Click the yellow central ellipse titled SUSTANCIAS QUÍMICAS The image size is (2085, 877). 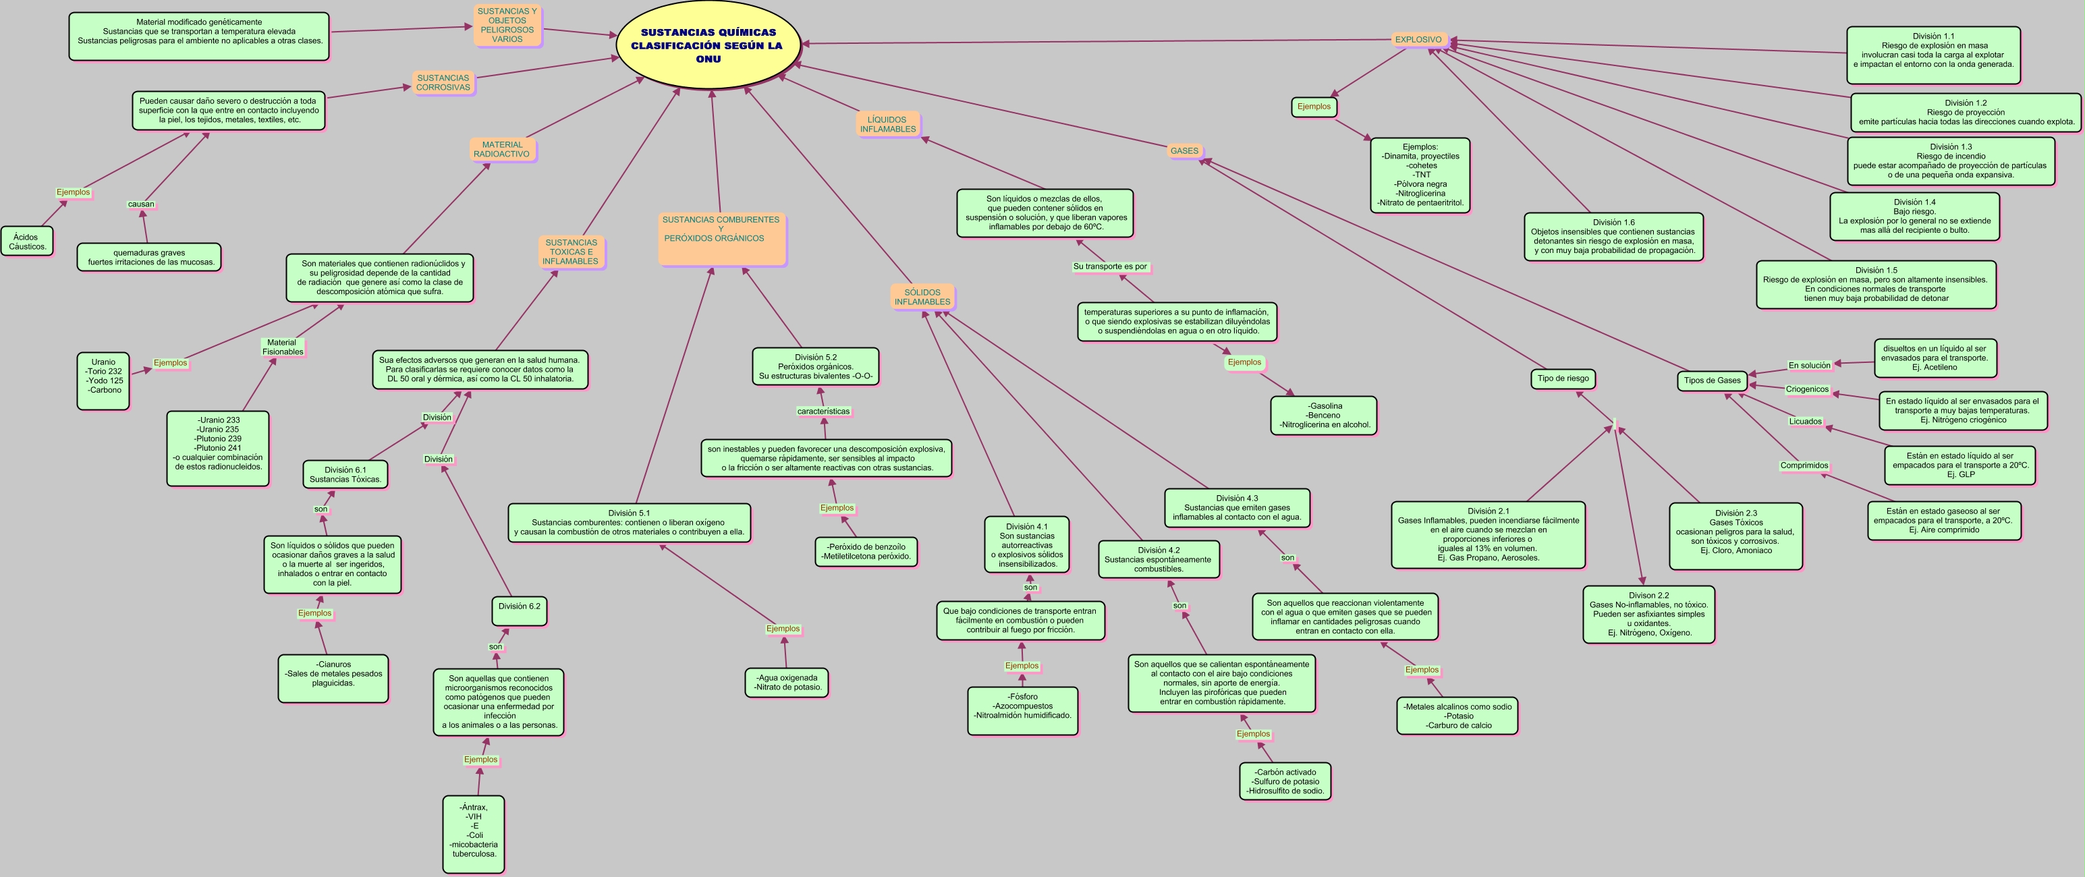[x=708, y=45]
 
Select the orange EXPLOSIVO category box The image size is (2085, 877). [x=1418, y=40]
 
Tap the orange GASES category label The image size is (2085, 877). [x=1184, y=151]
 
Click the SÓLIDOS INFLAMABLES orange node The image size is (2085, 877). [x=922, y=297]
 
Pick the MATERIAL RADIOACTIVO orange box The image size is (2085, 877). [x=502, y=150]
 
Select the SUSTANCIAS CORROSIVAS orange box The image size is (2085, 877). [x=443, y=82]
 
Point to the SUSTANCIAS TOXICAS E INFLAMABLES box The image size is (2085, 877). [x=571, y=252]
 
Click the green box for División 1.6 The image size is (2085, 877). [x=1613, y=236]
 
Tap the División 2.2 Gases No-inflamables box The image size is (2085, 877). [x=1648, y=615]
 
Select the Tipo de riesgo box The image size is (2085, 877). [x=1562, y=378]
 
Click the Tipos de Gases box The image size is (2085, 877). [x=1712, y=380]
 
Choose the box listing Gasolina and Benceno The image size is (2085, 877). [x=1324, y=415]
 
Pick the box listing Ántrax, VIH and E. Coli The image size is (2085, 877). [x=474, y=834]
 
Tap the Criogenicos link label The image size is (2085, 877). [x=1808, y=389]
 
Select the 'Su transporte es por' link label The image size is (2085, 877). [x=1110, y=266]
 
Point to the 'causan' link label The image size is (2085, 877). [x=141, y=204]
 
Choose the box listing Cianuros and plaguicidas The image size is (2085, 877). [x=333, y=677]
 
